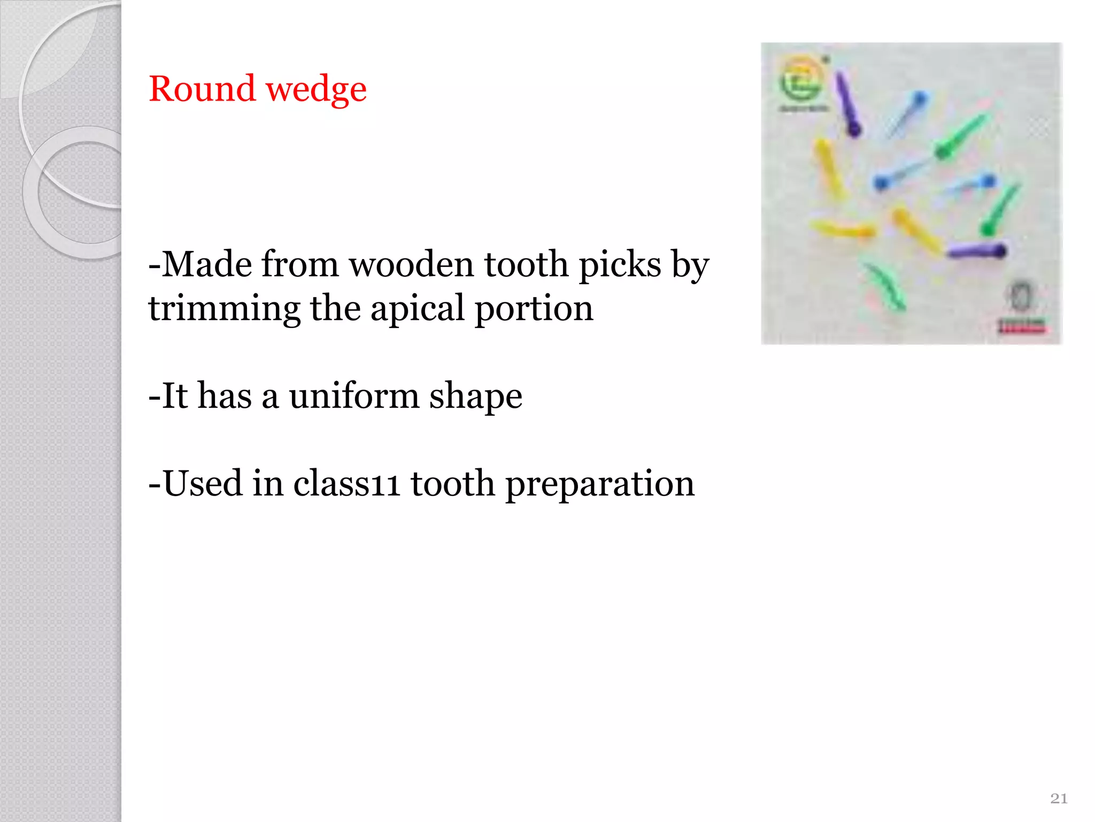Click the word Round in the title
pos(202,89)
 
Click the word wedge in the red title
pos(316,90)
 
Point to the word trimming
pos(224,309)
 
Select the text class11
pos(346,483)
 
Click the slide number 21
pos(1059,798)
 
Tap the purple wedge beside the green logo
pos(848,104)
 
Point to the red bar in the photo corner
pos(1021,326)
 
